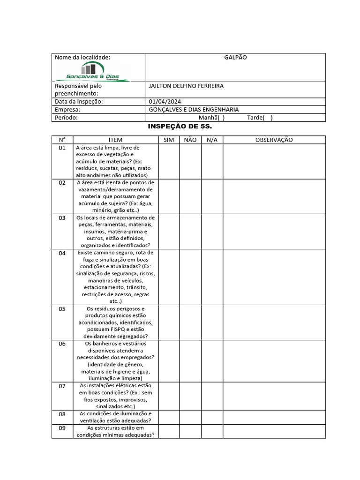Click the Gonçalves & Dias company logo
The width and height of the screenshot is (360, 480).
point(93,72)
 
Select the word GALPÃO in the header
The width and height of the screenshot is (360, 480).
point(235,57)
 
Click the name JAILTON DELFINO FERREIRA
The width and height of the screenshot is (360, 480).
point(186,86)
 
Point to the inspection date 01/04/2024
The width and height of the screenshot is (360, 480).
point(165,102)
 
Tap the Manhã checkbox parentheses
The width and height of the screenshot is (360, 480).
point(220,118)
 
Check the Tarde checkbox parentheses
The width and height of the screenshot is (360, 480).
point(268,118)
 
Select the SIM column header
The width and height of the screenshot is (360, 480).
point(169,140)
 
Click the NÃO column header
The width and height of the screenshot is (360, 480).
point(190,140)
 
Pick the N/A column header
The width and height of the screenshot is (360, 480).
point(212,140)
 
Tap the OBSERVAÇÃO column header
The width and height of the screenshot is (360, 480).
point(274,140)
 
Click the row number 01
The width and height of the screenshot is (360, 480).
point(62,148)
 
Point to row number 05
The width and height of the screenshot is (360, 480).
point(62,309)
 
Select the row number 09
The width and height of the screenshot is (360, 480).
point(62,428)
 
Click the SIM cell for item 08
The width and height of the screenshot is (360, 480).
point(169,417)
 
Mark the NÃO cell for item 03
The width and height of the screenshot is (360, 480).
point(190,232)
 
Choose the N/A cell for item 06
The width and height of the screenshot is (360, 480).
point(212,360)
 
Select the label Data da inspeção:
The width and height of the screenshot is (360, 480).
point(79,102)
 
